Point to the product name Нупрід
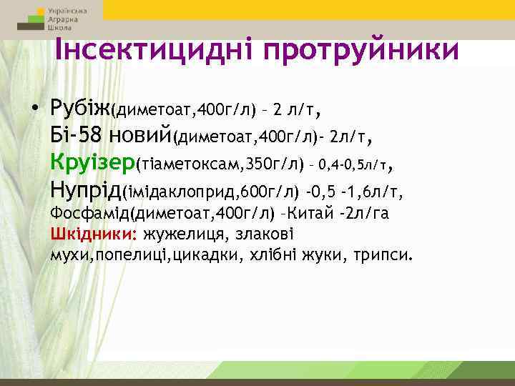click(x=86, y=190)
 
